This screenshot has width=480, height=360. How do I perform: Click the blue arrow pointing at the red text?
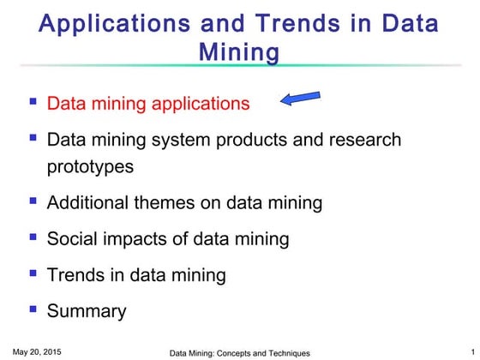[302, 99]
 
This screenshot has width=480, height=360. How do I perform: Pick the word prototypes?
[90, 166]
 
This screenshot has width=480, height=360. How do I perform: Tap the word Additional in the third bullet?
[87, 203]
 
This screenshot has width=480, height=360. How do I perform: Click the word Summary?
[87, 311]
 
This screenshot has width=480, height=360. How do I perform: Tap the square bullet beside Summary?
[33, 308]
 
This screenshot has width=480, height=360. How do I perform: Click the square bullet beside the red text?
[33, 100]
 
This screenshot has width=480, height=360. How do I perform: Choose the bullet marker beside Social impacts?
[33, 236]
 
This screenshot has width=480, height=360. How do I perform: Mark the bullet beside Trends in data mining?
[33, 272]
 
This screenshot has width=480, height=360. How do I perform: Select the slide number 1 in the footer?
[462, 351]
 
